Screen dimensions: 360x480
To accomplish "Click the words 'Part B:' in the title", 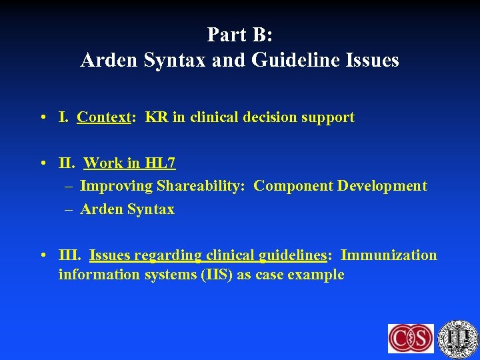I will point(239,34).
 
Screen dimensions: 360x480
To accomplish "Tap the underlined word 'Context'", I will point(103,118).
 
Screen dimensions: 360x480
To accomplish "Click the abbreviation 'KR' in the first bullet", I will point(156,118).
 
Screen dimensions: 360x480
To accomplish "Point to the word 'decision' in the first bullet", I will point(255,118).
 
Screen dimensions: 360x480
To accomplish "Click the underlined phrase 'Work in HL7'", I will point(129,163).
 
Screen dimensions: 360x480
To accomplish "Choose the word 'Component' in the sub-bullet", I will point(293,186).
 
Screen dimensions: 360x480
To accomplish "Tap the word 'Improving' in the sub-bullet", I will point(116,186).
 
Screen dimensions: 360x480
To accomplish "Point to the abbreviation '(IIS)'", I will point(217,275).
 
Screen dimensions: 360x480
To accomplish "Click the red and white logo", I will point(411,338).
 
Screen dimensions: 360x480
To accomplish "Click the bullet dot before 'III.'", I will point(43,256).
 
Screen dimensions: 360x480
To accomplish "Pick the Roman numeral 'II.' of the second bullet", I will point(67,163).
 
